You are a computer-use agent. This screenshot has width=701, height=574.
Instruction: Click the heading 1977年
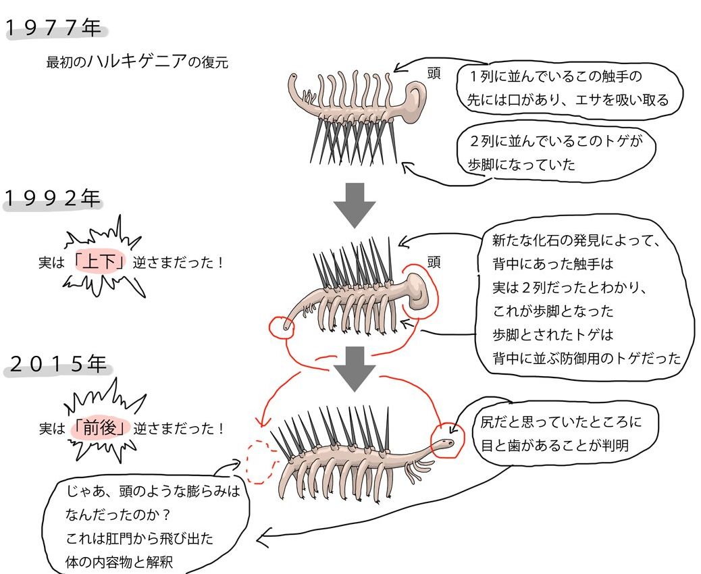point(54,28)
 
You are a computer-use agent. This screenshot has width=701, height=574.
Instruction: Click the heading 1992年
point(54,198)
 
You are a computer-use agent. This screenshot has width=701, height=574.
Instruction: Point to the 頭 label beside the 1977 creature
point(434,73)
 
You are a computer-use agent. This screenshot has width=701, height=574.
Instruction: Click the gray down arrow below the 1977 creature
point(355,204)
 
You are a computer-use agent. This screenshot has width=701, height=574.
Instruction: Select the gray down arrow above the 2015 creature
point(355,369)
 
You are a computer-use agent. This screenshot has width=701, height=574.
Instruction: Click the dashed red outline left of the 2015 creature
point(259,462)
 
